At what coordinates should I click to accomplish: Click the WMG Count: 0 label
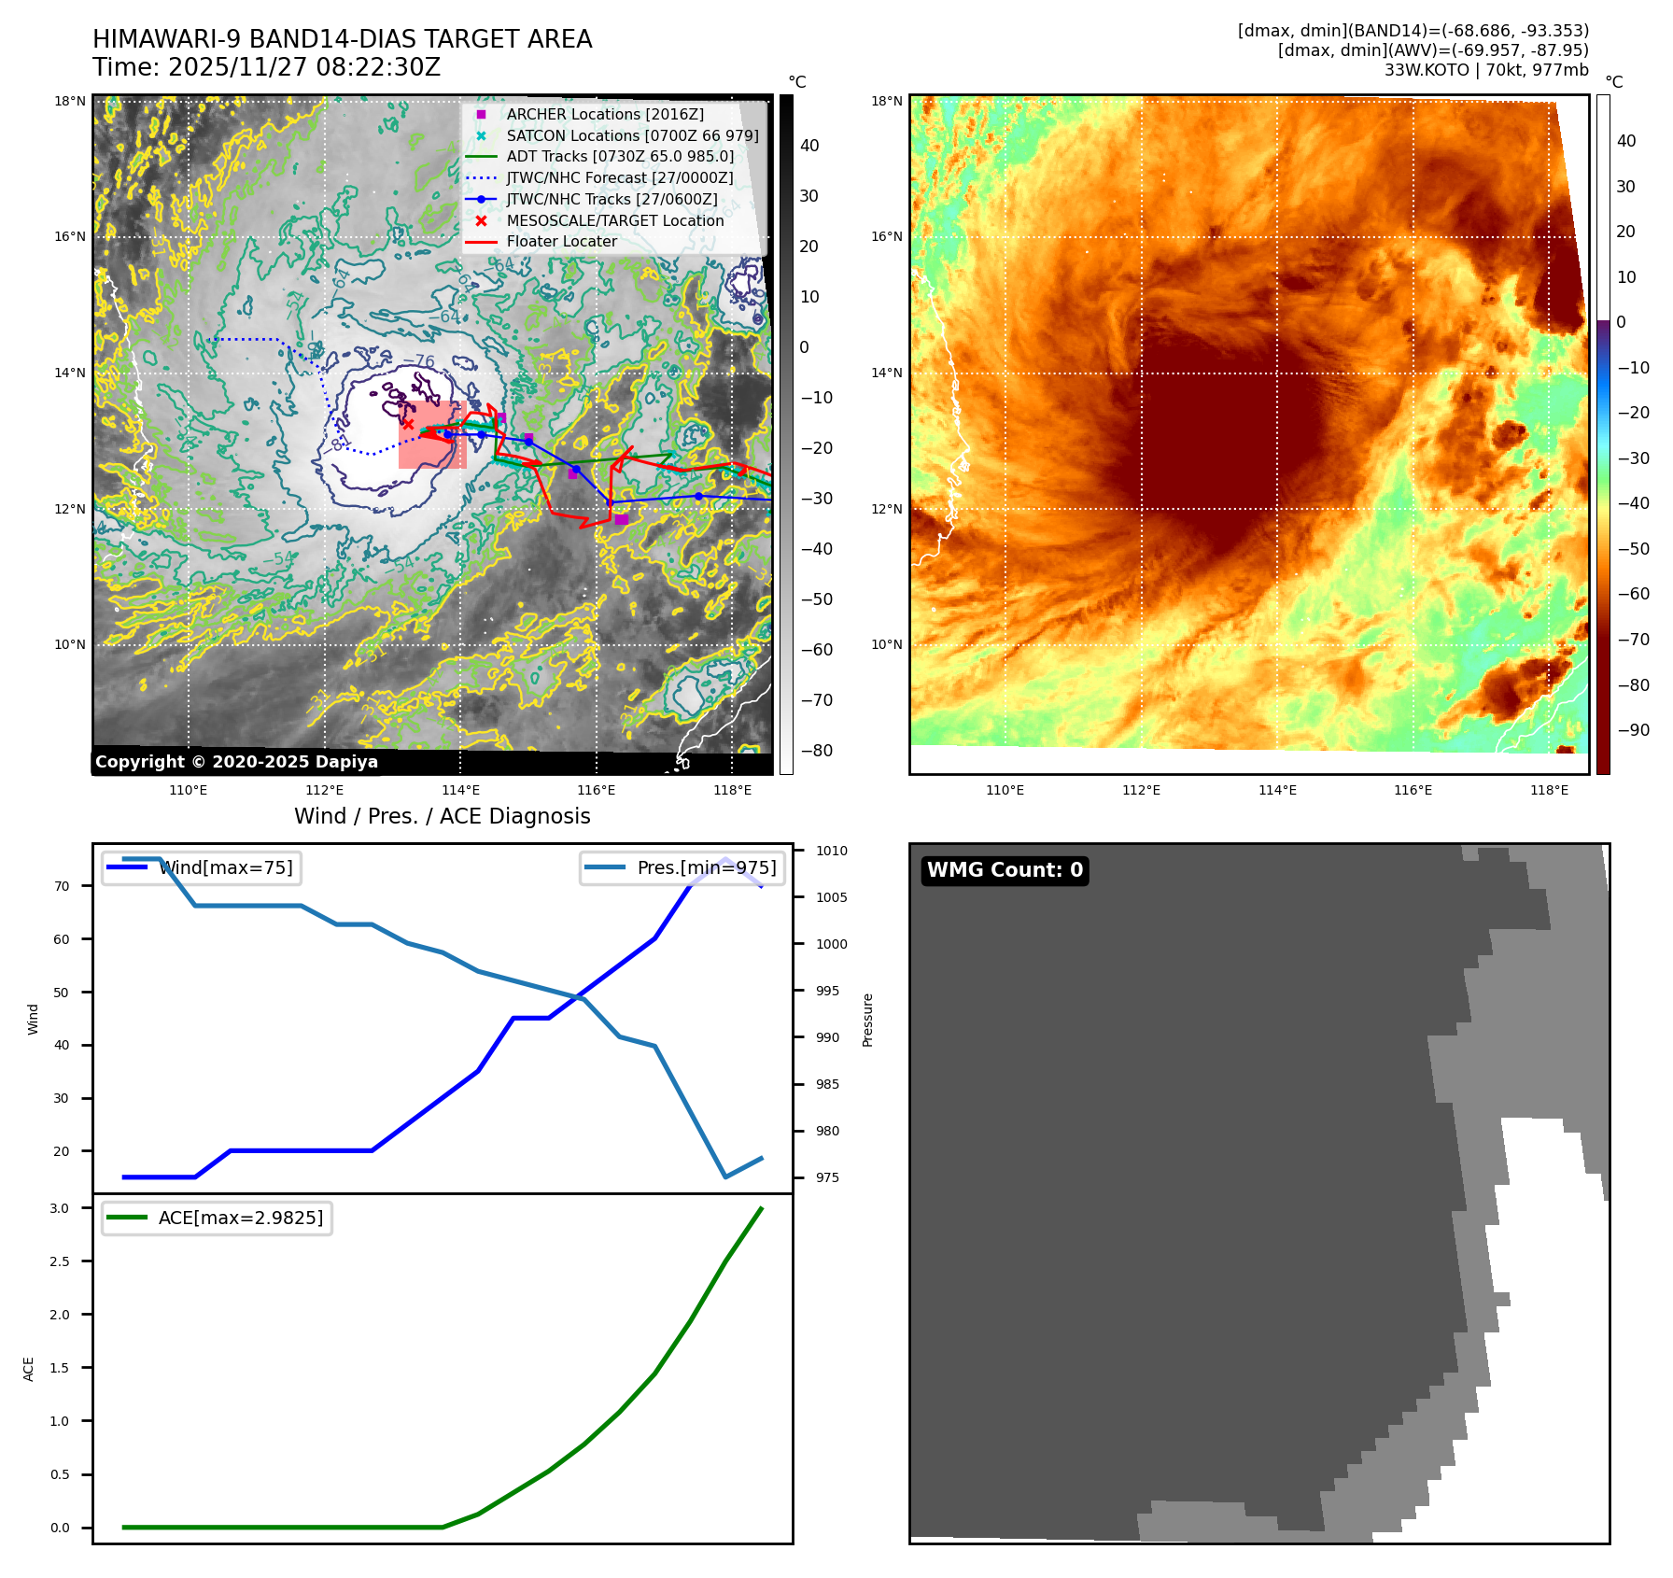click(1005, 870)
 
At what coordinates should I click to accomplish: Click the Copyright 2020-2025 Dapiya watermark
click(236, 762)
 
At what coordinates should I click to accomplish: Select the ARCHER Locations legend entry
click(605, 114)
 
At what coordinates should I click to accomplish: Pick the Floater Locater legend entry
click(561, 241)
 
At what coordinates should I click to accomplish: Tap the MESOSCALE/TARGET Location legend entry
click(614, 220)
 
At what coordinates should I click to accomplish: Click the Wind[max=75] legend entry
click(225, 867)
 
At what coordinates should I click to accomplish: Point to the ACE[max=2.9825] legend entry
click(240, 1218)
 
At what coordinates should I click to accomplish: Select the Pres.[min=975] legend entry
click(706, 867)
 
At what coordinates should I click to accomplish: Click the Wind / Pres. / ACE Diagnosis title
click(442, 816)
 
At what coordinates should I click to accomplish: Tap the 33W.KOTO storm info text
click(1485, 70)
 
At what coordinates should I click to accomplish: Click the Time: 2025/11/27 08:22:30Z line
click(266, 67)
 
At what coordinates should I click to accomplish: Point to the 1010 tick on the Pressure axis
click(831, 851)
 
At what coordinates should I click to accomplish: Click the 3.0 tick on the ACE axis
click(60, 1208)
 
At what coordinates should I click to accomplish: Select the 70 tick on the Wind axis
click(62, 886)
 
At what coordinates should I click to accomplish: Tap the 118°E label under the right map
click(1549, 790)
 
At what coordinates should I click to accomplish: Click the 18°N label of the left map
click(69, 101)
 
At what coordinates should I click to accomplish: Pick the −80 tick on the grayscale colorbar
click(817, 751)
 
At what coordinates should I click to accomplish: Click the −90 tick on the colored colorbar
click(1633, 730)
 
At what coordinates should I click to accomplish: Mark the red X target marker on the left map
click(408, 424)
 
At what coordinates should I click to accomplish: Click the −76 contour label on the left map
click(419, 361)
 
